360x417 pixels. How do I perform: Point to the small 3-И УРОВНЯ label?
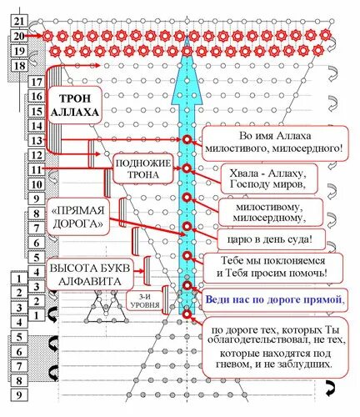pos(139,297)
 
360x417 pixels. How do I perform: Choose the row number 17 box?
pos(36,82)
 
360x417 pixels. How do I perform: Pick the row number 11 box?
pos(36,170)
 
